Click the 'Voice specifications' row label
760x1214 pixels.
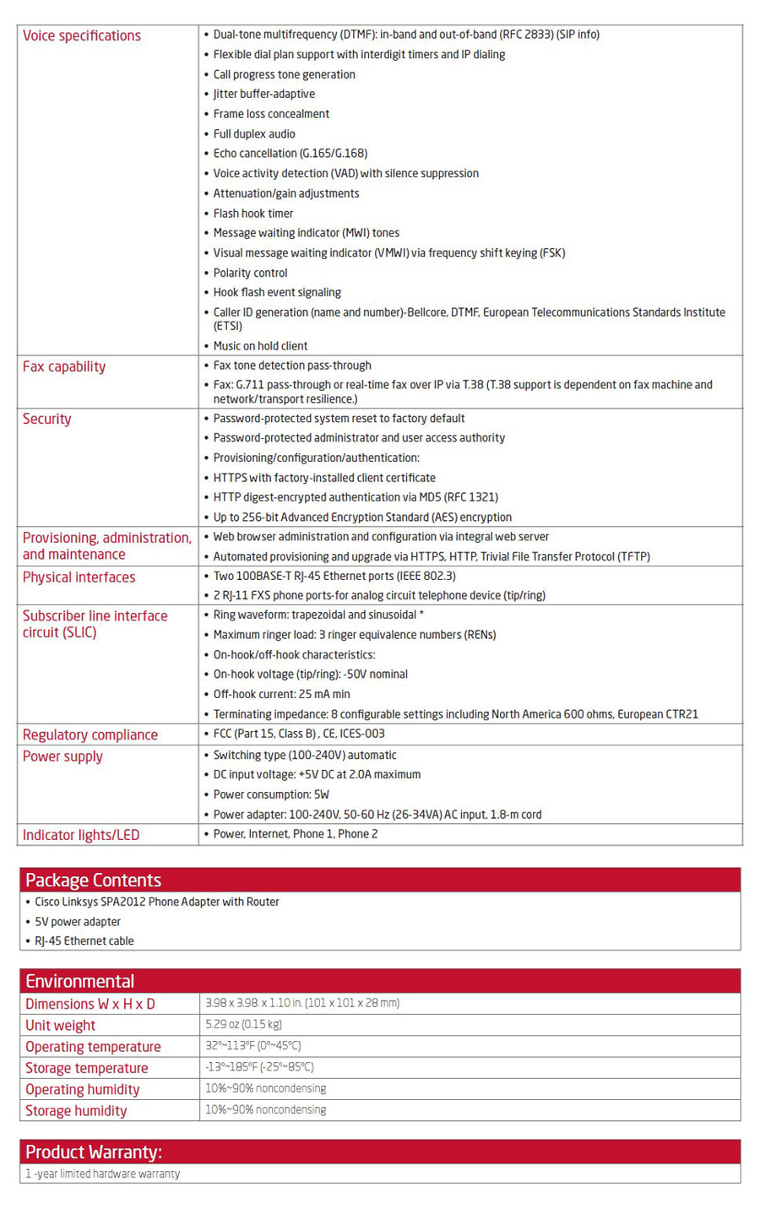82,35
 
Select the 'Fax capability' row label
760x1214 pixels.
64,366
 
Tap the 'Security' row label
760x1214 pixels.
47,419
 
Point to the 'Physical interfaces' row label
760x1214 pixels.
79,577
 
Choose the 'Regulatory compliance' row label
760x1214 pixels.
90,734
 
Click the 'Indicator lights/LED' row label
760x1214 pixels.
81,835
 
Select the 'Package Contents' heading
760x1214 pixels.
93,880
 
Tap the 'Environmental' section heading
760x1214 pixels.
79,981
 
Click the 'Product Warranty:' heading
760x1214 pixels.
94,1152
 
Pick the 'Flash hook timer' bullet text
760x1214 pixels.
253,214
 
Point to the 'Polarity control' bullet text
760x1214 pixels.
250,273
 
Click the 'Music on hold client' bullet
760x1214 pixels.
260,346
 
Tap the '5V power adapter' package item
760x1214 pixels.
78,922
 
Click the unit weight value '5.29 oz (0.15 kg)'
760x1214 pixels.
243,1024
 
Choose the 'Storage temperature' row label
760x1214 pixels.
86,1068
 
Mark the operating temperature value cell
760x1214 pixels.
253,1046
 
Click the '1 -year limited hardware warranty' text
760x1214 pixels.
102,1173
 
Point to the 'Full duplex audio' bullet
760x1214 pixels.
254,133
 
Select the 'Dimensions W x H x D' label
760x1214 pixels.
90,1004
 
